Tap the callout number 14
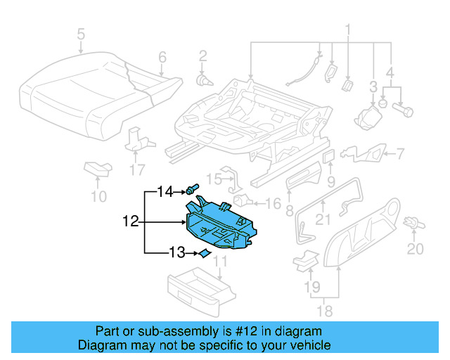click(165, 191)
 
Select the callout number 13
click(178, 252)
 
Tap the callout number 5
click(81, 33)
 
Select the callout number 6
click(162, 57)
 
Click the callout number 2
click(202, 56)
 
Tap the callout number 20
click(416, 249)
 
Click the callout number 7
click(400, 153)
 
